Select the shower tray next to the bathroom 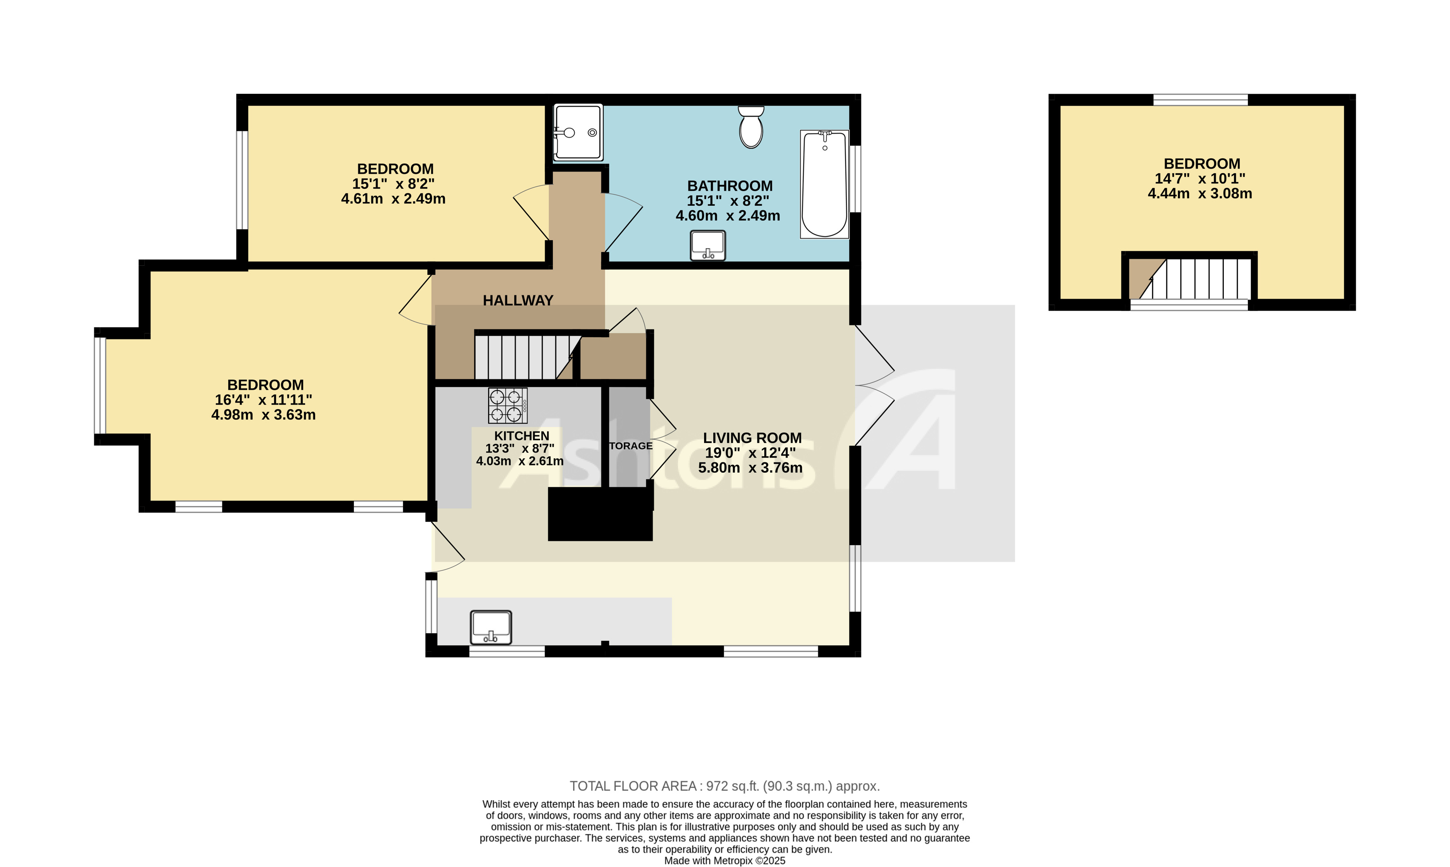pyautogui.click(x=578, y=133)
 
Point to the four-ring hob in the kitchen pyautogui.click(x=507, y=405)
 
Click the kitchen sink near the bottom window pyautogui.click(x=491, y=627)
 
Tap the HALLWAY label pyautogui.click(x=518, y=300)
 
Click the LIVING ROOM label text pyautogui.click(x=752, y=438)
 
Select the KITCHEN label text pyautogui.click(x=521, y=436)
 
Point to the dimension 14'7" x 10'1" pyautogui.click(x=1199, y=178)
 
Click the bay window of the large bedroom pyautogui.click(x=100, y=386)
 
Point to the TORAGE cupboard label pyautogui.click(x=630, y=446)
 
